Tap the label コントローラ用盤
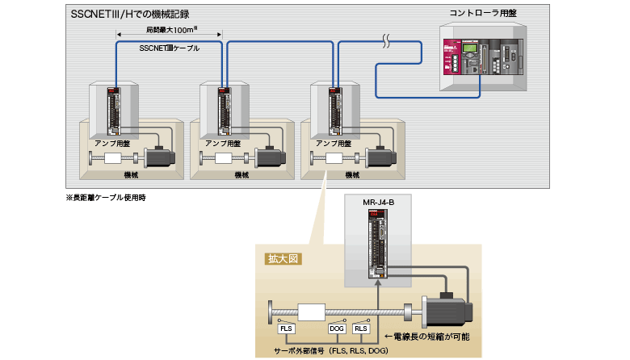click(484, 14)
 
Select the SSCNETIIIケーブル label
click(170, 48)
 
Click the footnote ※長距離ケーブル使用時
click(105, 197)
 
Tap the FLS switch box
click(286, 329)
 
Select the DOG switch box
click(337, 329)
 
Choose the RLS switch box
click(361, 329)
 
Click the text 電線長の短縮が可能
click(427, 335)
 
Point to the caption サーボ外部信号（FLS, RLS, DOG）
click(333, 351)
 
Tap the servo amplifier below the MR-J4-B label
click(377, 246)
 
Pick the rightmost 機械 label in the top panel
click(351, 174)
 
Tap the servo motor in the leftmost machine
click(162, 158)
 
